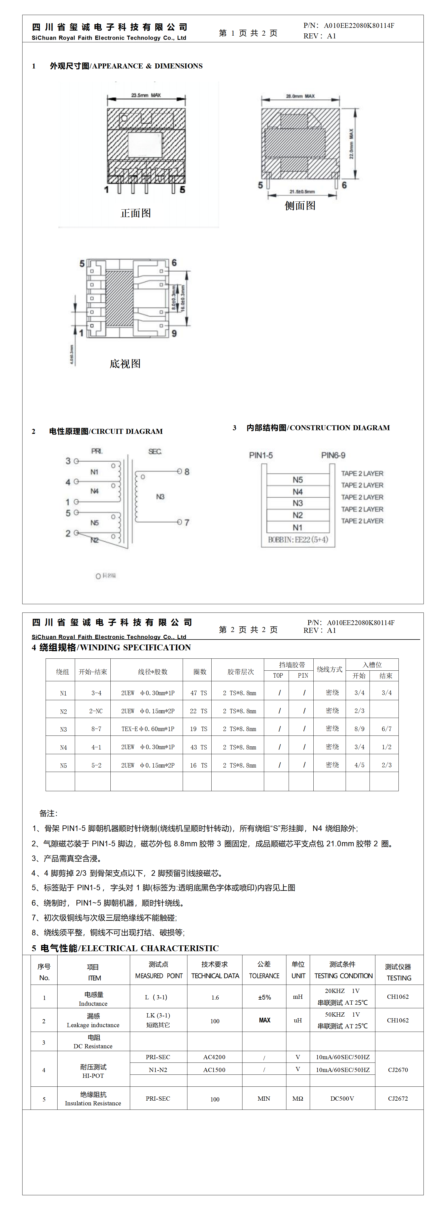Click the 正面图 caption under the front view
pyautogui.click(x=136, y=213)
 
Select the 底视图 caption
pyautogui.click(x=125, y=363)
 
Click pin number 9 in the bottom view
pyautogui.click(x=174, y=333)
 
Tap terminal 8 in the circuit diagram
pyautogui.click(x=186, y=472)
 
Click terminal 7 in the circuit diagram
pyautogui.click(x=186, y=522)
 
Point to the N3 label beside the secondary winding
pyautogui.click(x=160, y=496)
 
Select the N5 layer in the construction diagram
pyautogui.click(x=298, y=479)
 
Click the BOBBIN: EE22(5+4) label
pyautogui.click(x=298, y=540)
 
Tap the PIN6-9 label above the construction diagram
pyautogui.click(x=333, y=455)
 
